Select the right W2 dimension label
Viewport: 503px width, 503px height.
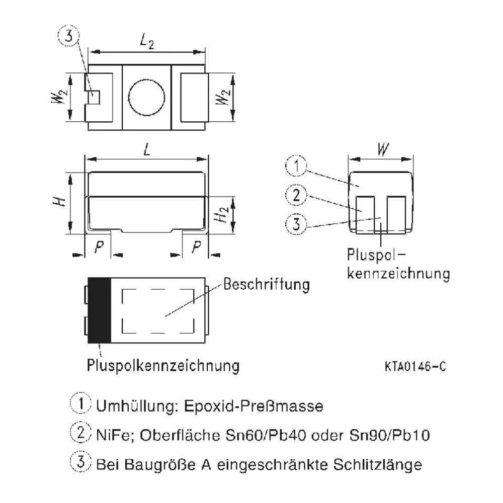[x=222, y=98]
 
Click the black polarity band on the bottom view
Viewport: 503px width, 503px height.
[x=99, y=310]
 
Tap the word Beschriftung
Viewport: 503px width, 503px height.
[x=266, y=285]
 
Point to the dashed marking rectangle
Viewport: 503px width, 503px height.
[x=158, y=311]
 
